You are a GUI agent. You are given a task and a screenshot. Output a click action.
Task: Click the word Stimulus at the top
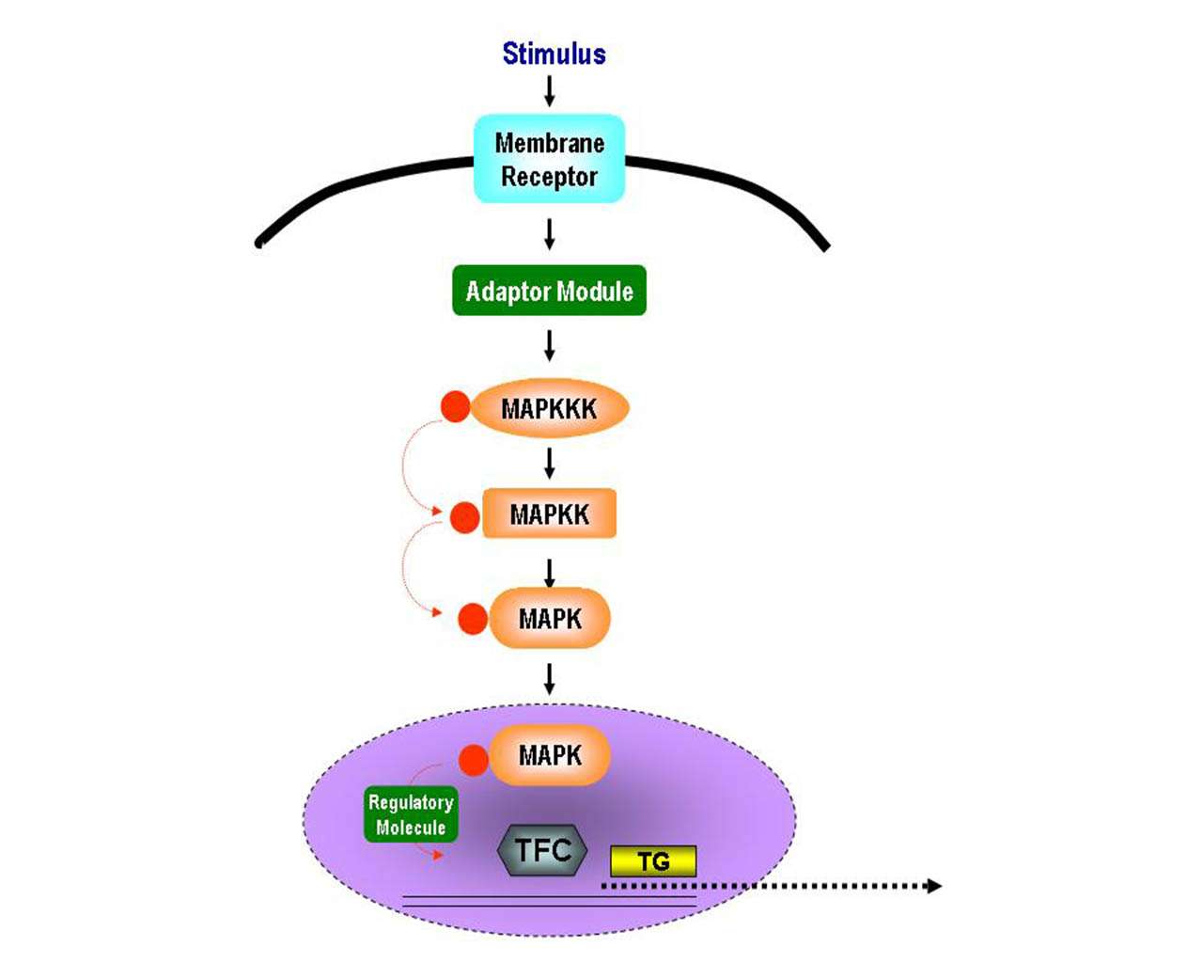coord(554,54)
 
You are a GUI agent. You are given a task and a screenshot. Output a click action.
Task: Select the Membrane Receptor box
coord(549,159)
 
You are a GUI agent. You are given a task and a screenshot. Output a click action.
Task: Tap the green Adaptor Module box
coord(549,291)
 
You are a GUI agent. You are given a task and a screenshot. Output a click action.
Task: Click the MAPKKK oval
coord(550,408)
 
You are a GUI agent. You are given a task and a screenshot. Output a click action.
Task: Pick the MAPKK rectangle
coord(550,513)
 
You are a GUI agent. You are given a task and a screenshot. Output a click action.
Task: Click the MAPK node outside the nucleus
coord(551,619)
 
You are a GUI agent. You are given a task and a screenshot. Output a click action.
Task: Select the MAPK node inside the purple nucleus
coord(551,754)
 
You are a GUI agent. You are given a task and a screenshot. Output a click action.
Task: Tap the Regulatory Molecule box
coord(411,814)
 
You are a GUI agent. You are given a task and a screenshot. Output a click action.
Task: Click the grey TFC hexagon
coord(542,850)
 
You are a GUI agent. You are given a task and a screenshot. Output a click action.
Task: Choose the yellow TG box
coord(653,860)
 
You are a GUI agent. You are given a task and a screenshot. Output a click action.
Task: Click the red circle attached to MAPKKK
coord(456,407)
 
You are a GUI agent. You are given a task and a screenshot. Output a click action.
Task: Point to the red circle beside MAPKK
coord(465,517)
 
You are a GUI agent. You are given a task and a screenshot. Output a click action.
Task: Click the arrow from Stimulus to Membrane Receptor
coord(550,91)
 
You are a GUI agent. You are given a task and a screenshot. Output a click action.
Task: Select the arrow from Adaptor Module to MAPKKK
coord(550,345)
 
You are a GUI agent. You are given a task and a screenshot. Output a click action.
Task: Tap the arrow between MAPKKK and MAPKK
coord(550,463)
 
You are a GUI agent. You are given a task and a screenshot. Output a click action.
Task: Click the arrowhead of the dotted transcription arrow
coord(933,885)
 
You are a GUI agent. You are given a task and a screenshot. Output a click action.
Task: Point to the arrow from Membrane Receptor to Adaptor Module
coord(550,234)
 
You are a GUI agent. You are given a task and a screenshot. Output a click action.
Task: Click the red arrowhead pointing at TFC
coord(438,855)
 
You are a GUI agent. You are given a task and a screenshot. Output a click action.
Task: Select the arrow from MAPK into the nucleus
coord(550,678)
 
